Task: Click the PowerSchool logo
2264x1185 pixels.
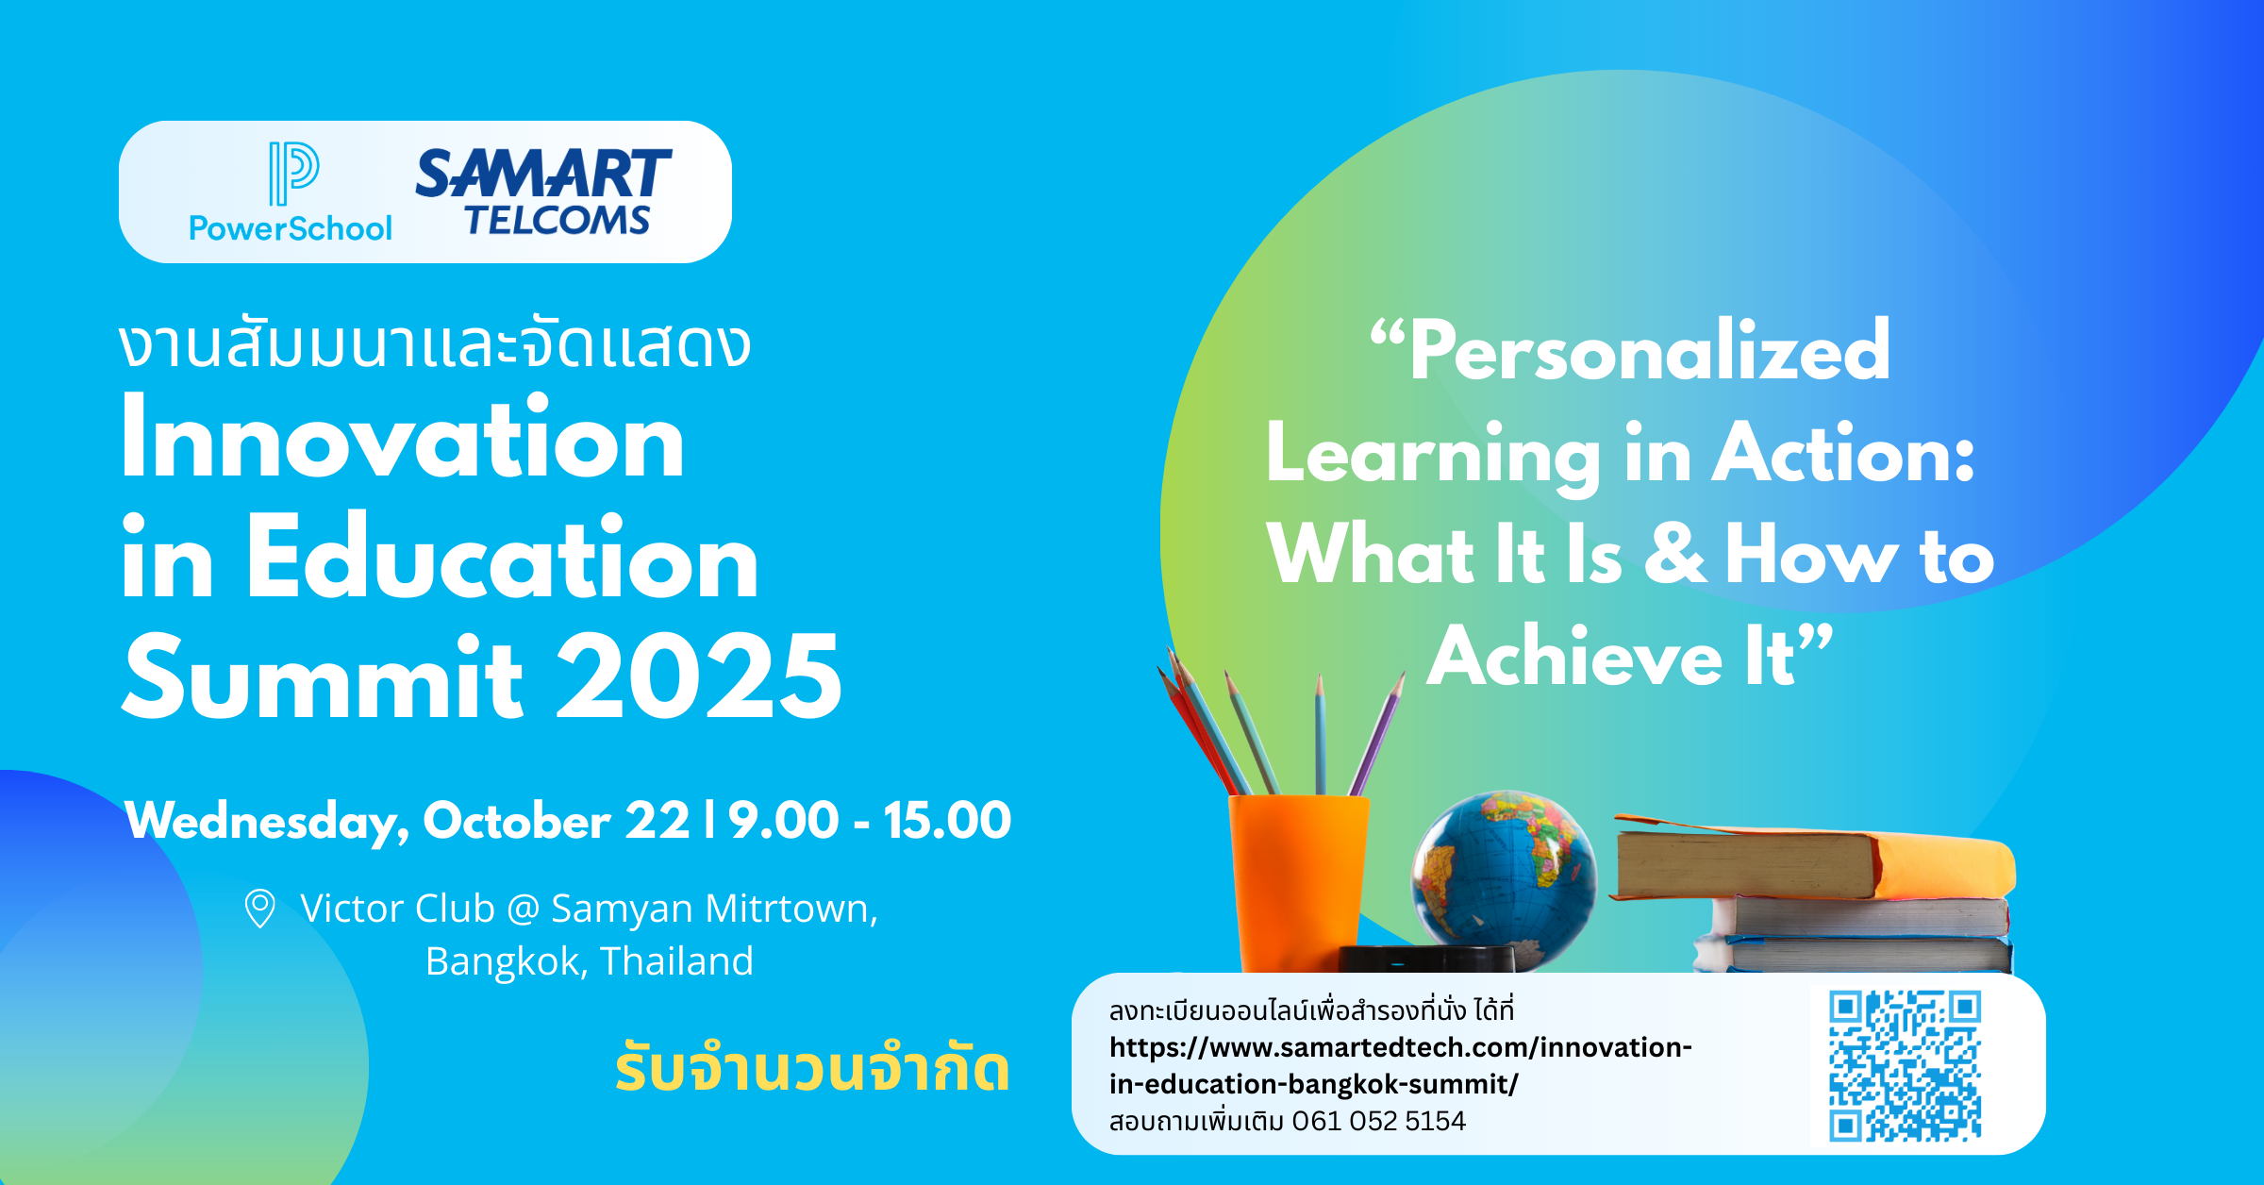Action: (x=291, y=192)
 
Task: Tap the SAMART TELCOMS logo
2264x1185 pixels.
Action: (x=543, y=192)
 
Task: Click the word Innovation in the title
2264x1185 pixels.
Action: (x=403, y=440)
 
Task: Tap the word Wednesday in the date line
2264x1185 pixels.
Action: (x=268, y=822)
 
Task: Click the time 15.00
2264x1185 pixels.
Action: (x=947, y=820)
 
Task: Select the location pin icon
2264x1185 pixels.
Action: (x=259, y=909)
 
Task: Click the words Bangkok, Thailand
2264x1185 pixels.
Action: (x=590, y=961)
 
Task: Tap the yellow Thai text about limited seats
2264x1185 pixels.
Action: (x=812, y=1068)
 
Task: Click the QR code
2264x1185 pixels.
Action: (x=1905, y=1065)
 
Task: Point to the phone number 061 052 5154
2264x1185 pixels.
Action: (x=1378, y=1121)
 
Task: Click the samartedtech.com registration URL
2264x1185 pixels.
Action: (x=1401, y=1066)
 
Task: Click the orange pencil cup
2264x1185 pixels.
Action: (x=1298, y=883)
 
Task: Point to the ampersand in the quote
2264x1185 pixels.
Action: (x=1675, y=553)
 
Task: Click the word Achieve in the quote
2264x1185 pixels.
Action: (x=1574, y=657)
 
